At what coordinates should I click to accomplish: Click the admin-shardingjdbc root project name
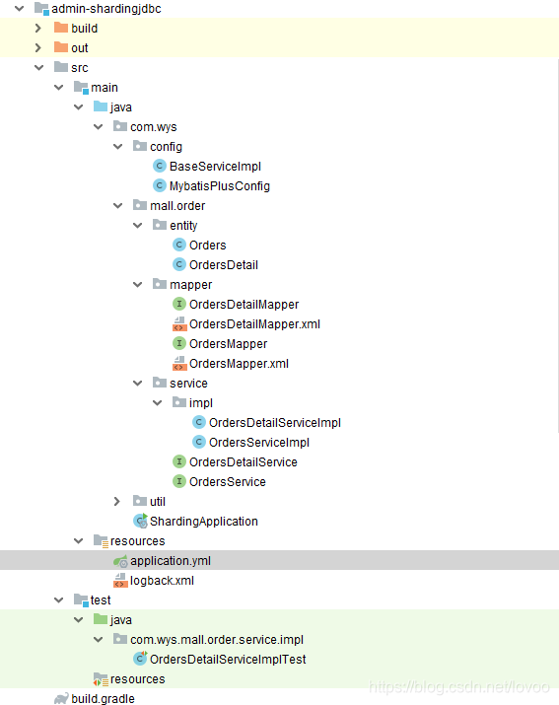(x=105, y=9)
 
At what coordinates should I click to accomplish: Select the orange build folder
(x=84, y=29)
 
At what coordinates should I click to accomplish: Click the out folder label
(x=79, y=48)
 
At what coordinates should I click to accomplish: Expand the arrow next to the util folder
(x=117, y=502)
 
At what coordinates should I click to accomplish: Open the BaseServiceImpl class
(x=214, y=167)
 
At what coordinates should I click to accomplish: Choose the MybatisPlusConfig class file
(x=219, y=186)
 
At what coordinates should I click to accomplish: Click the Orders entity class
(x=207, y=246)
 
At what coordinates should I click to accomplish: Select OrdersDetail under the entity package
(x=223, y=265)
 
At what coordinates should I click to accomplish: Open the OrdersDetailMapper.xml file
(x=253, y=324)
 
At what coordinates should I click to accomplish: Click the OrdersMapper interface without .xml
(x=228, y=344)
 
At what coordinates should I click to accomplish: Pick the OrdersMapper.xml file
(x=238, y=364)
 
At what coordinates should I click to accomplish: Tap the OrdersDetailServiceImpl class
(x=274, y=423)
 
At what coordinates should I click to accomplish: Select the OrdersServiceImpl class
(x=258, y=443)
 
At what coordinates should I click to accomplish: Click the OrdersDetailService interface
(x=243, y=462)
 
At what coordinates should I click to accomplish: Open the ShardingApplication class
(x=203, y=522)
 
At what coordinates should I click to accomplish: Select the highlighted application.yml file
(x=170, y=561)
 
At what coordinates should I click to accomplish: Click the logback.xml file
(x=162, y=581)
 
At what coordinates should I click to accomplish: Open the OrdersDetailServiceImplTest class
(x=227, y=660)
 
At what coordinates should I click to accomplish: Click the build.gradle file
(x=103, y=699)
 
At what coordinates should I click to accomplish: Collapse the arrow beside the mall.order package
(x=117, y=206)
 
